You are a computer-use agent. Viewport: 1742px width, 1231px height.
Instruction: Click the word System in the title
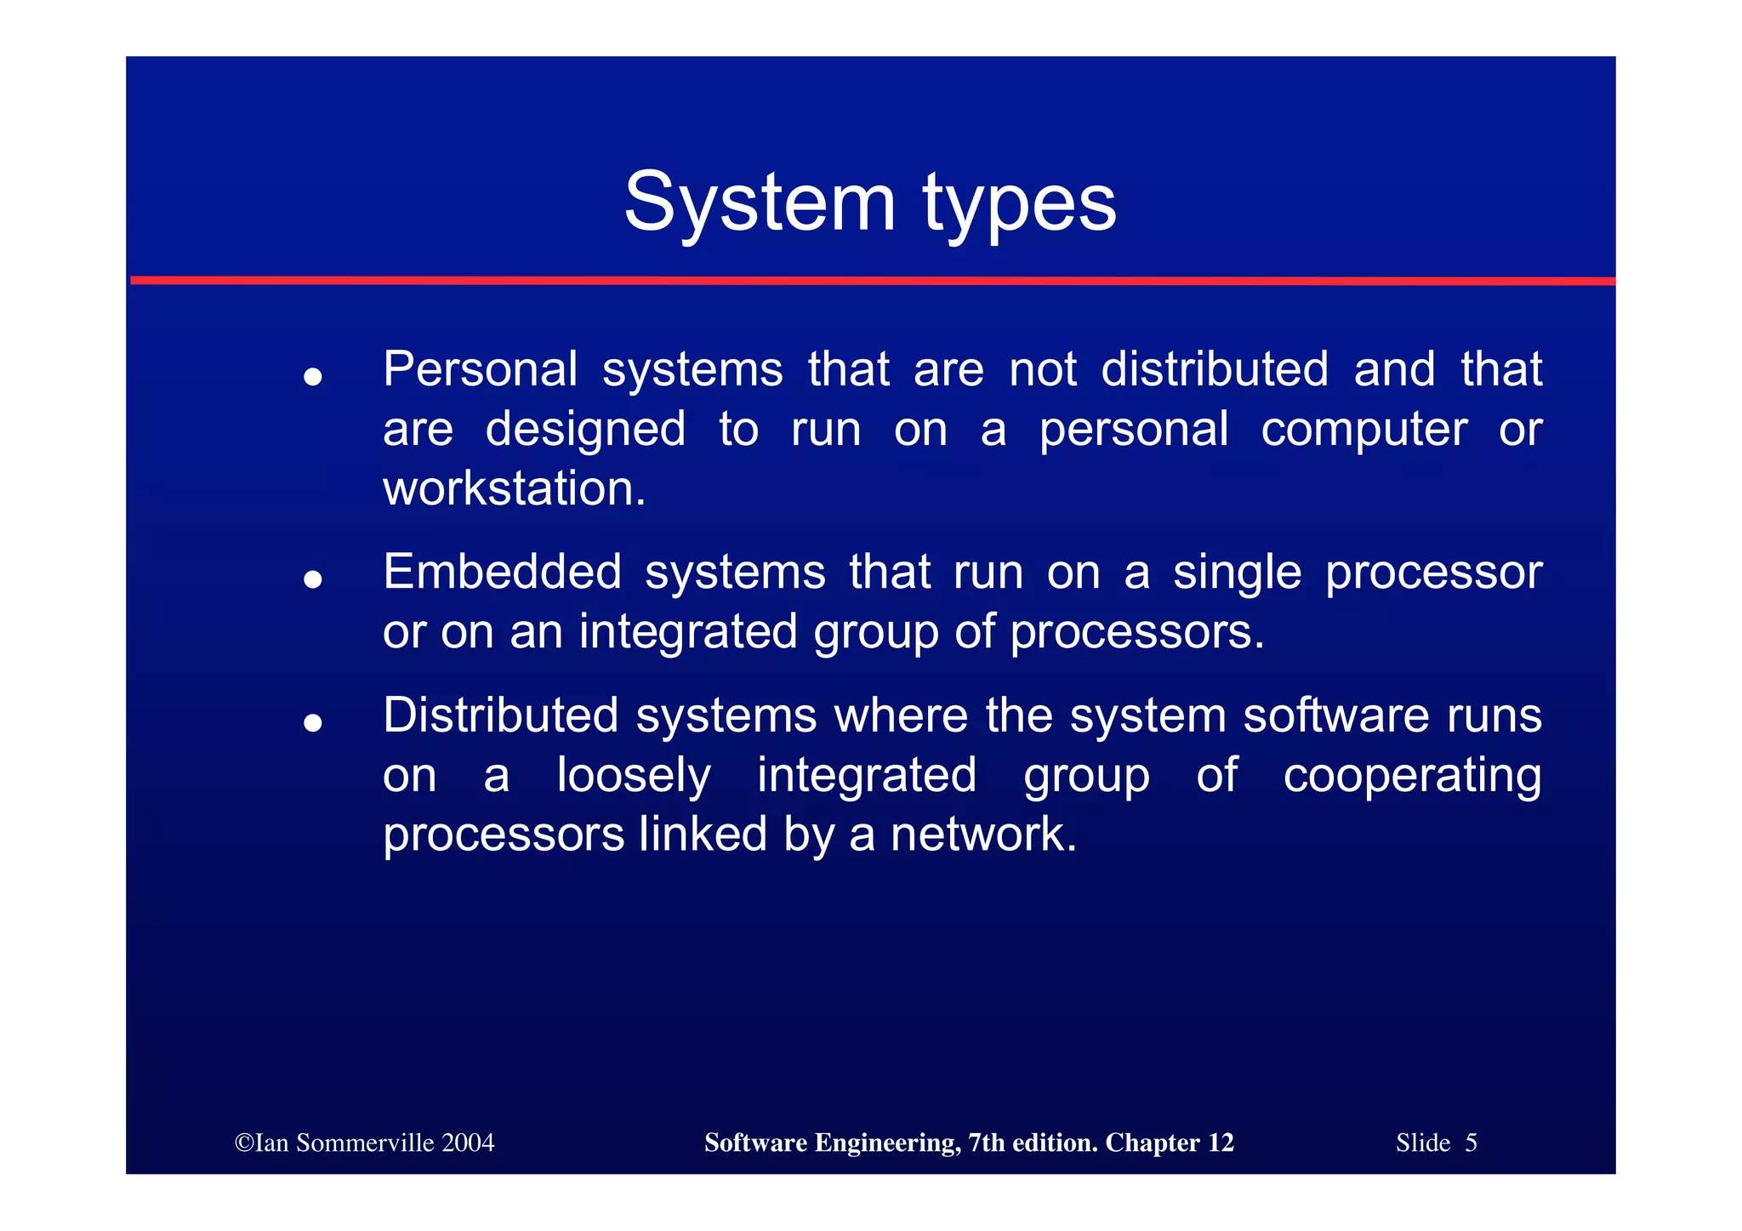click(x=760, y=202)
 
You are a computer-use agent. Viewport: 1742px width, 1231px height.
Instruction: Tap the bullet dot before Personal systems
click(x=313, y=376)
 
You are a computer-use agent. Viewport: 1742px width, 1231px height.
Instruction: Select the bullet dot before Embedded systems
click(x=313, y=579)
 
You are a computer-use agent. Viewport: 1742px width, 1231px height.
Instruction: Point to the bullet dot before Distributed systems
click(x=313, y=723)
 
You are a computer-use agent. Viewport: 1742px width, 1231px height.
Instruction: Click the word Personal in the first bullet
click(x=480, y=369)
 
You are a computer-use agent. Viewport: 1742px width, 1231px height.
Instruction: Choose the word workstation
click(x=514, y=489)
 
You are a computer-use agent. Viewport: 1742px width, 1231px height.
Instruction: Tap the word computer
click(x=1363, y=430)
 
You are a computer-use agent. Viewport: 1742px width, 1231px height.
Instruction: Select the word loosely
click(x=633, y=776)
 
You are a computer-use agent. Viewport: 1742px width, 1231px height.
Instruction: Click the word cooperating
click(x=1411, y=776)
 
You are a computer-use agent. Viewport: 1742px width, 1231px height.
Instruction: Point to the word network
click(x=982, y=834)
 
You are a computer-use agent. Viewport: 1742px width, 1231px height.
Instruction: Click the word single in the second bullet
click(x=1237, y=572)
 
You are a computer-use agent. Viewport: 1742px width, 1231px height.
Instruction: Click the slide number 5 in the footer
click(x=1471, y=1143)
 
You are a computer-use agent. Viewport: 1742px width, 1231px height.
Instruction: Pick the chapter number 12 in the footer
click(x=1221, y=1143)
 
